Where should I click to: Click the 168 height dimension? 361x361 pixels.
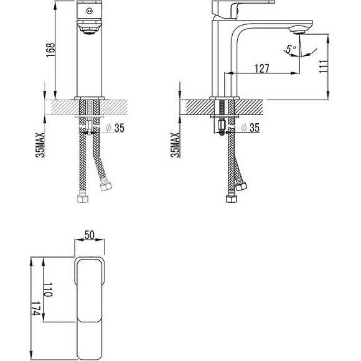50,50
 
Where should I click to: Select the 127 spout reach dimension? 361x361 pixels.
262,68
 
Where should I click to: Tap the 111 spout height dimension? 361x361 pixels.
323,67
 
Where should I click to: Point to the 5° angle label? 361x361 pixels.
291,49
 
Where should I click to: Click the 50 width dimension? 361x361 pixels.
90,235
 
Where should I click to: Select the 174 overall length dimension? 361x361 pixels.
35,309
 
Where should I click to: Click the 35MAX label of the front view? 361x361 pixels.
40,145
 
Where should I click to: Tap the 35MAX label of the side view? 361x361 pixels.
175,145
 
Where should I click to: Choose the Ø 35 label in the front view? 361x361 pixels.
115,128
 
